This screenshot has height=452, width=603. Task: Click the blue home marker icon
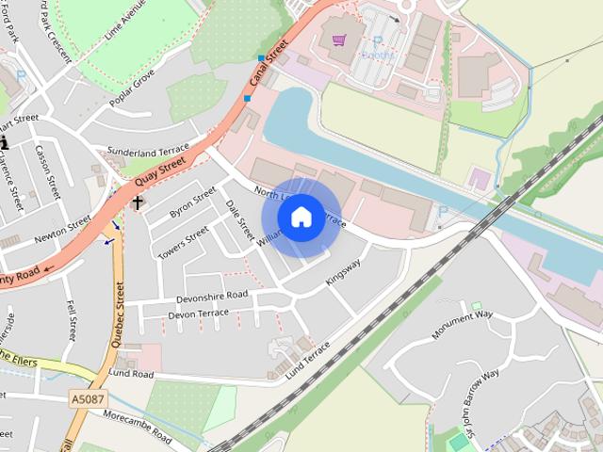tap(301, 218)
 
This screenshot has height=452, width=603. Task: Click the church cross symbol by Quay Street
tap(138, 202)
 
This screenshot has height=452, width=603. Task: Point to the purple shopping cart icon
tap(339, 40)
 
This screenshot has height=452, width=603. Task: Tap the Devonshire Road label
tap(212, 296)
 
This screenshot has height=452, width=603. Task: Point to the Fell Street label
tap(73, 321)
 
